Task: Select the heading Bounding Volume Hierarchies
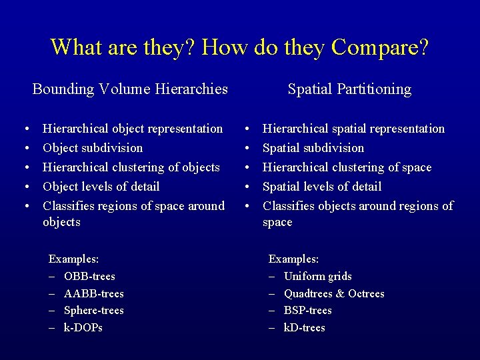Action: click(x=130, y=89)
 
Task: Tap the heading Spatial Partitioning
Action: click(x=349, y=89)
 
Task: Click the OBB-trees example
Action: click(x=89, y=276)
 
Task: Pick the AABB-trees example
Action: click(x=93, y=293)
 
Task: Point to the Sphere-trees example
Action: click(x=93, y=310)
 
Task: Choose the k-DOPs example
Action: click(x=83, y=327)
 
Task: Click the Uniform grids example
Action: click(x=317, y=276)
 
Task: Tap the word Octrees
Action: click(x=366, y=293)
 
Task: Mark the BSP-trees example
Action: click(x=307, y=310)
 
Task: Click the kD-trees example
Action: click(x=304, y=327)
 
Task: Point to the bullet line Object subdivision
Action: click(x=93, y=147)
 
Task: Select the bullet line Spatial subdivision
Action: click(x=313, y=147)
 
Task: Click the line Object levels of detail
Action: click(x=101, y=186)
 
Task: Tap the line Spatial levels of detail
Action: click(x=322, y=186)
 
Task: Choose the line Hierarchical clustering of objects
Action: click(x=131, y=167)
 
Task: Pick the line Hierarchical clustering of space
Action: click(x=347, y=167)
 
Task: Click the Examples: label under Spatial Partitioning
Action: click(x=293, y=259)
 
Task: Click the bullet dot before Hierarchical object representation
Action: click(x=25, y=129)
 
